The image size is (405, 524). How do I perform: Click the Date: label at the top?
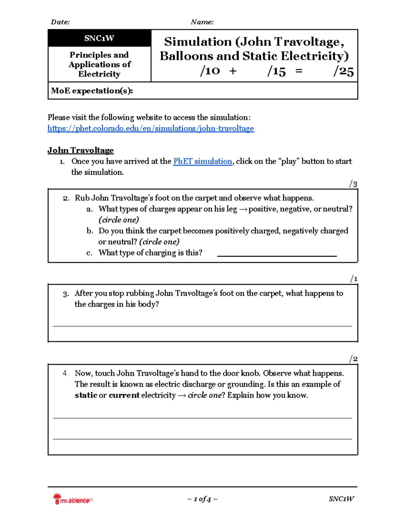tap(60, 22)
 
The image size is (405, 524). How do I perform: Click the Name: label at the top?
tap(202, 22)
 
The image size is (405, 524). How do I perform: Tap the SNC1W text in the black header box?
tap(99, 38)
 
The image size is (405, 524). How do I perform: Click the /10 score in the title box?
tap(210, 71)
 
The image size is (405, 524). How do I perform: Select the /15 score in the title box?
tap(276, 71)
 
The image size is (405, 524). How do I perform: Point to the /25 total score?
tap(343, 71)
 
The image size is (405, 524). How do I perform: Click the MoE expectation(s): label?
tap(92, 91)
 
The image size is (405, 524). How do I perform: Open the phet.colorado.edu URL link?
tap(151, 129)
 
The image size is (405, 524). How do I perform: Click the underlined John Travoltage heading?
tap(80, 150)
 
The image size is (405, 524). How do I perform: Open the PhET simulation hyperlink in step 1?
tap(202, 161)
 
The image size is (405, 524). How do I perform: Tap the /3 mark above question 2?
tap(353, 184)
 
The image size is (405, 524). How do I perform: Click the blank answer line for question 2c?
tap(277, 254)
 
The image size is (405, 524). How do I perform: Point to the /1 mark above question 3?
tap(354, 279)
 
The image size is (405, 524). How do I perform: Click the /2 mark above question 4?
tap(353, 359)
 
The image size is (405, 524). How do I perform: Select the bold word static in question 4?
tap(86, 395)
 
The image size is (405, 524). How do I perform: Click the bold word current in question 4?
tap(124, 395)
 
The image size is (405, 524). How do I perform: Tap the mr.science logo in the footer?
tap(73, 499)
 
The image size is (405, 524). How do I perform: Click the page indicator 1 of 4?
tap(202, 499)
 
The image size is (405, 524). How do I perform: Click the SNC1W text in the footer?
tap(341, 499)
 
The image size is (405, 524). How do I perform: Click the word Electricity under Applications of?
tap(99, 74)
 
